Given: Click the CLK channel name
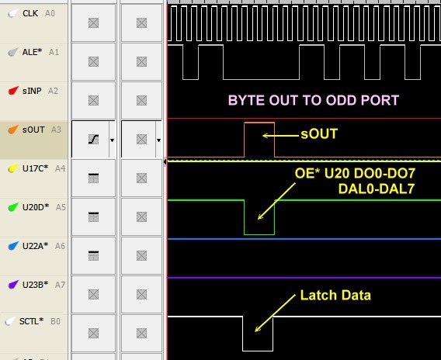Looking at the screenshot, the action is click(x=30, y=13).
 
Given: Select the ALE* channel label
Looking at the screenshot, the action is click(x=32, y=52).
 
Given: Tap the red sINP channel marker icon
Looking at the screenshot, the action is click(x=13, y=91).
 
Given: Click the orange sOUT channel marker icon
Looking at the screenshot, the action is click(x=13, y=130).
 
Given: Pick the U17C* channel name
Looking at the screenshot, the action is click(x=35, y=168).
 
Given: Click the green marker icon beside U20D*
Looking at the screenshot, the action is click(x=13, y=207).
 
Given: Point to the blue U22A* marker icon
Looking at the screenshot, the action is click(x=13, y=246).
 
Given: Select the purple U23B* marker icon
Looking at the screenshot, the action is click(x=13, y=285).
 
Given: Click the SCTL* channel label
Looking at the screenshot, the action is click(x=31, y=321).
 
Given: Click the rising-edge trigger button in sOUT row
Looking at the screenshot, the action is click(x=93, y=139).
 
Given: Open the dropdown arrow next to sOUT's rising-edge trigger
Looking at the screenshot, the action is click(x=112, y=140).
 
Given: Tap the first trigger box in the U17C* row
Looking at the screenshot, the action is click(x=93, y=178).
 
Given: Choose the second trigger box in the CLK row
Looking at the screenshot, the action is click(x=141, y=22).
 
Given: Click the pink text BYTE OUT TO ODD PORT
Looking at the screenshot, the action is click(x=314, y=100).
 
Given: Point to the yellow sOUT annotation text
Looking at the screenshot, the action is click(x=319, y=133).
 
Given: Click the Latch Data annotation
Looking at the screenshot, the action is click(x=335, y=295).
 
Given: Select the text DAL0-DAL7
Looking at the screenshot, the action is click(x=377, y=189).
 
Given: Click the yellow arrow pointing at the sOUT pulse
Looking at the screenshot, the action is click(x=280, y=136).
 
